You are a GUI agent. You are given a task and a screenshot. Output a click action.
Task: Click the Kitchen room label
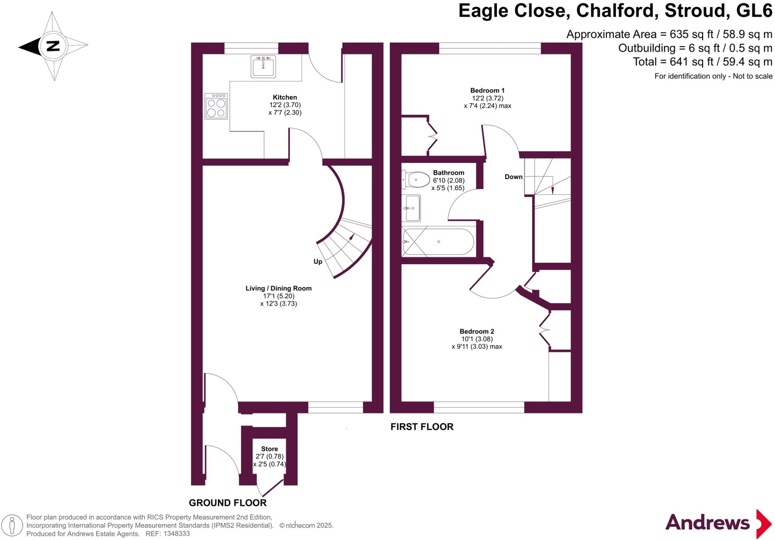(285, 97)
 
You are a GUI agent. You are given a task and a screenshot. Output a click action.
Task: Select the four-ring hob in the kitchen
(216, 106)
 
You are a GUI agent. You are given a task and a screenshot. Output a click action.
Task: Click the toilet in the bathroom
(416, 179)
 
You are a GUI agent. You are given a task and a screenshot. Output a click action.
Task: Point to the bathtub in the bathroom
(438, 242)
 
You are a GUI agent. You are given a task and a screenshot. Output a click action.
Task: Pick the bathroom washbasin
(412, 208)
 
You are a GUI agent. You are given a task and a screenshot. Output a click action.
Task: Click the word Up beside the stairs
(317, 261)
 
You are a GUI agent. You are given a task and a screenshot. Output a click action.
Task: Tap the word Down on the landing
(513, 177)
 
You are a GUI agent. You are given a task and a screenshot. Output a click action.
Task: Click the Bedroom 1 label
(487, 90)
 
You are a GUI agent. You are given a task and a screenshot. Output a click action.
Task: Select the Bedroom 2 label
(476, 331)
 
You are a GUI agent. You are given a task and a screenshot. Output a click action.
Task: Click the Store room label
(269, 449)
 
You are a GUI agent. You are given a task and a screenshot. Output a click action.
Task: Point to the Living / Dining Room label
(279, 288)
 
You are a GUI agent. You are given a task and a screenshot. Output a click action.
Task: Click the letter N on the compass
(53, 46)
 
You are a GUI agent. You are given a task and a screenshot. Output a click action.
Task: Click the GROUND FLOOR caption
(227, 503)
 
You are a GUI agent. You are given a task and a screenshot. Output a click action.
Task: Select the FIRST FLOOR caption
(422, 427)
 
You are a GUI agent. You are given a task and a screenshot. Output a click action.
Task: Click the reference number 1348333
(176, 534)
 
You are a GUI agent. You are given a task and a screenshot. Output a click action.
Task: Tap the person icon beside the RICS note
(12, 525)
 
